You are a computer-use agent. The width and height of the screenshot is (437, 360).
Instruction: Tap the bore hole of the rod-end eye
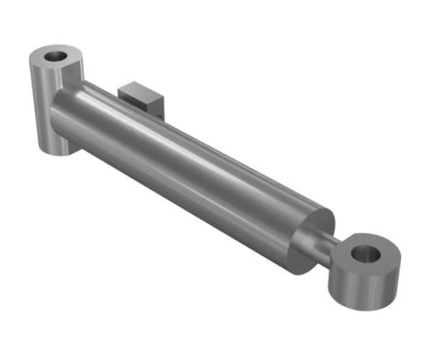pyautogui.click(x=365, y=254)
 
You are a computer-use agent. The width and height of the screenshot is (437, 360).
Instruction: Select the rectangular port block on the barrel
pyautogui.click(x=140, y=96)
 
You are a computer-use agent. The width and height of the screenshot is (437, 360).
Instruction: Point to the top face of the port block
pyautogui.click(x=139, y=87)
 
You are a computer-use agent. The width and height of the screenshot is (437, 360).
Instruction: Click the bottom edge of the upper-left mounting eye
pyautogui.click(x=53, y=151)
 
